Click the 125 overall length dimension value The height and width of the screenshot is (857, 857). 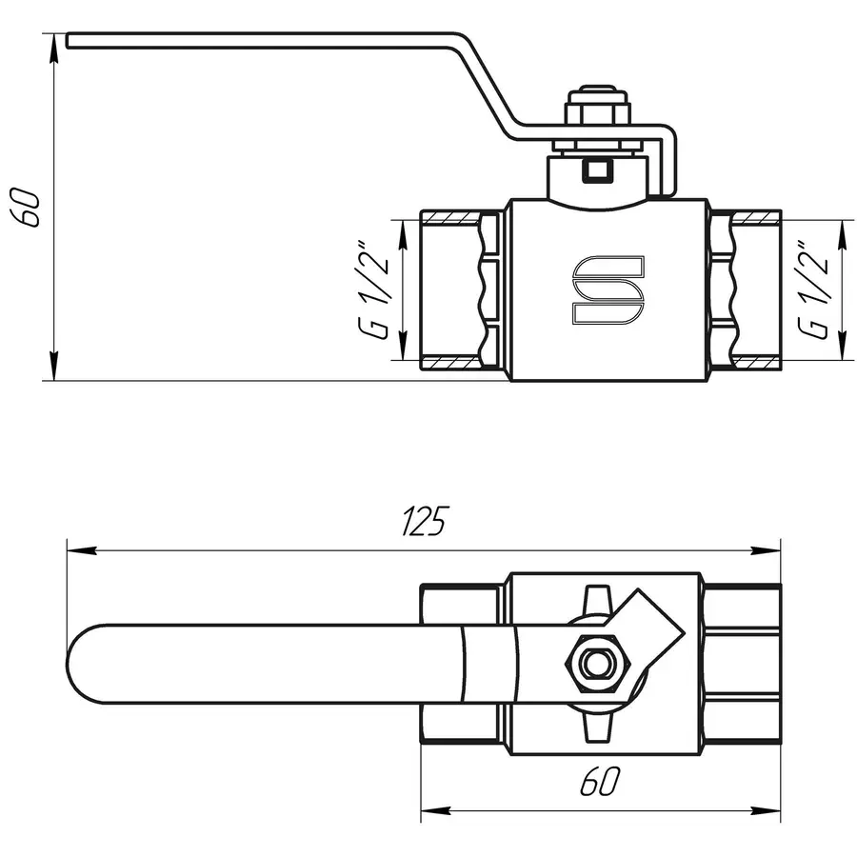tap(425, 522)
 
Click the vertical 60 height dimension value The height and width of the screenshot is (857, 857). tap(29, 207)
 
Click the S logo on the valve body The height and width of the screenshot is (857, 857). tap(608, 289)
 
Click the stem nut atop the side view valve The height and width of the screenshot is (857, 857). tap(598, 112)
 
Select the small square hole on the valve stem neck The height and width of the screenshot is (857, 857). tap(598, 172)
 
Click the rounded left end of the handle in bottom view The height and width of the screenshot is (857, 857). tap(81, 664)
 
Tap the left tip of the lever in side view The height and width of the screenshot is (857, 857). tap(71, 39)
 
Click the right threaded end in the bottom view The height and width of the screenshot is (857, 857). tap(743, 664)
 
